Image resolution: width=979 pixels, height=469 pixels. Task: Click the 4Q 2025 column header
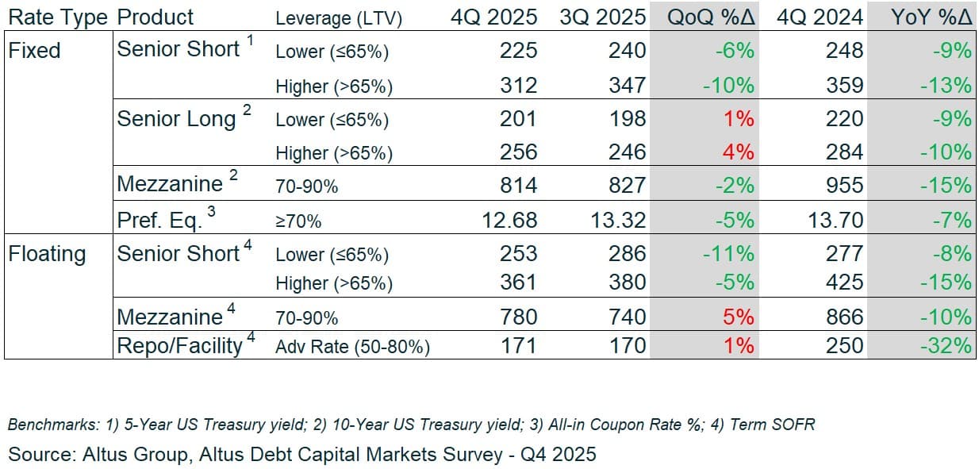point(493,17)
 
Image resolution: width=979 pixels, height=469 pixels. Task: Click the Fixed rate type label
point(34,51)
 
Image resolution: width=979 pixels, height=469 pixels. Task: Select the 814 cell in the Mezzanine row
point(518,186)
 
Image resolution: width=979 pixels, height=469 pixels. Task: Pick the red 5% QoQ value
point(738,317)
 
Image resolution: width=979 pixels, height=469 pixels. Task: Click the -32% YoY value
point(946,345)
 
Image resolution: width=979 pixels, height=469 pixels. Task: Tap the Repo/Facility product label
point(179,345)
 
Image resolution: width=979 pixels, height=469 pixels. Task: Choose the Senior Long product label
point(176,119)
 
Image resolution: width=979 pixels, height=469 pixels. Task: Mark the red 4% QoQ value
point(739,152)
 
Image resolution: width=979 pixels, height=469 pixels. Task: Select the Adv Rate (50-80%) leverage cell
point(352,347)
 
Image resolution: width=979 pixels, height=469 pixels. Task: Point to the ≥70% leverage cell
point(298,221)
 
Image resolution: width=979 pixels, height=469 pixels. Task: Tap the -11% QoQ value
point(728,254)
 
